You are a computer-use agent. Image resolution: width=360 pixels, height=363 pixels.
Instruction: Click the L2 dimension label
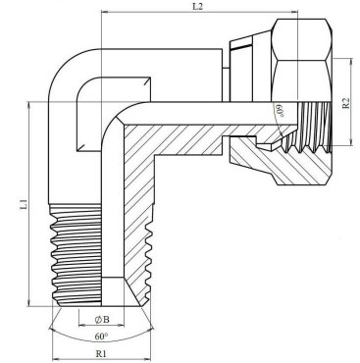tap(197, 6)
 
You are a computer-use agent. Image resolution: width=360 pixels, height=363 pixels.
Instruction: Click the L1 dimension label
tap(24, 204)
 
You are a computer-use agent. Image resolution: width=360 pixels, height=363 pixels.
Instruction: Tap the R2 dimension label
tap(345, 103)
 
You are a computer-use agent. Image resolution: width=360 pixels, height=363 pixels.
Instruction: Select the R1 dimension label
tap(101, 353)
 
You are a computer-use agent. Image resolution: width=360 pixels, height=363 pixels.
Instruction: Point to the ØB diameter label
tap(102, 320)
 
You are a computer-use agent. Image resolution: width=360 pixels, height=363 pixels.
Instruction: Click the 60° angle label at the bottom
tap(101, 336)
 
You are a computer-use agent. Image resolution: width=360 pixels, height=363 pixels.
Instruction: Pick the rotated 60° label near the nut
tap(279, 111)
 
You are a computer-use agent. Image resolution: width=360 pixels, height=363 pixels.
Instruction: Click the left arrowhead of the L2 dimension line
tap(105, 12)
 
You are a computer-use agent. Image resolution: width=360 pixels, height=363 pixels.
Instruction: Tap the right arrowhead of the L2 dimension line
tap(294, 12)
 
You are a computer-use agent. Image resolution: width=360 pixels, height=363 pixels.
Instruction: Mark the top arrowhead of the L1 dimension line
tap(29, 105)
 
